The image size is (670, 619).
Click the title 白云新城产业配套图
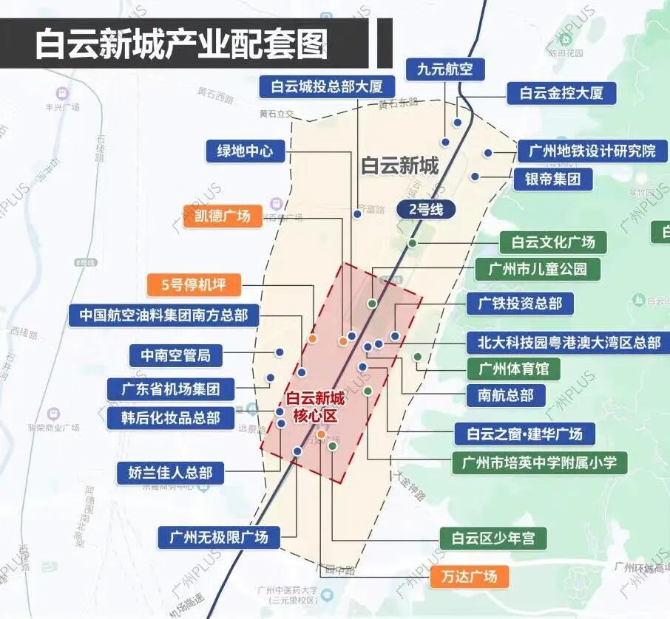[182, 44]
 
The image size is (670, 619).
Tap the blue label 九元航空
[444, 69]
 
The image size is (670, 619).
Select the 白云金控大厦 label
[561, 93]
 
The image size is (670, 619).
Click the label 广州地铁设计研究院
[592, 151]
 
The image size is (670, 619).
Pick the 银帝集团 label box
[553, 178]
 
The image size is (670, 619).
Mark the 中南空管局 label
[176, 355]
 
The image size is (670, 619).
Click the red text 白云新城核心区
[315, 407]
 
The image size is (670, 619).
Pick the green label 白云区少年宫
[493, 538]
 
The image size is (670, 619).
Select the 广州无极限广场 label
[219, 536]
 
